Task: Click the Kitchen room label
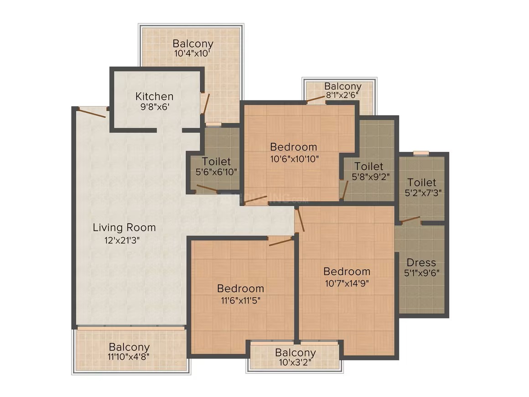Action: [154, 97]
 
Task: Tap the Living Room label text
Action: [124, 228]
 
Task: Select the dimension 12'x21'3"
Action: [122, 240]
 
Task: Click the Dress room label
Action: [421, 262]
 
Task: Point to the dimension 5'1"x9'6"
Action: [422, 273]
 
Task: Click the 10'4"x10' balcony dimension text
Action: [192, 53]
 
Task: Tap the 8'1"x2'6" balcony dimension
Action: [342, 95]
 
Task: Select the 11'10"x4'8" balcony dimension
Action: [129, 356]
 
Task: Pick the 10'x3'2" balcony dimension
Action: [295, 363]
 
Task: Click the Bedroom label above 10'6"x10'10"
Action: [294, 147]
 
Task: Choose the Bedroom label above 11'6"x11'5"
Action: [240, 289]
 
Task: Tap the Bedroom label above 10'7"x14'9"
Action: [347, 272]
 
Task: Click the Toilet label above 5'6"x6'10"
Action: [216, 162]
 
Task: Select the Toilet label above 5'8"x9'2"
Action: [369, 166]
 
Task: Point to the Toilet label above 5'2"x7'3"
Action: [422, 182]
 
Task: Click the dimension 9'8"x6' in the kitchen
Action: [155, 107]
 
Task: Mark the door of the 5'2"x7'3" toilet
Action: [410, 220]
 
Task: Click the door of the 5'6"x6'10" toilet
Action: [207, 188]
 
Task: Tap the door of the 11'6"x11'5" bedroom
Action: [281, 241]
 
